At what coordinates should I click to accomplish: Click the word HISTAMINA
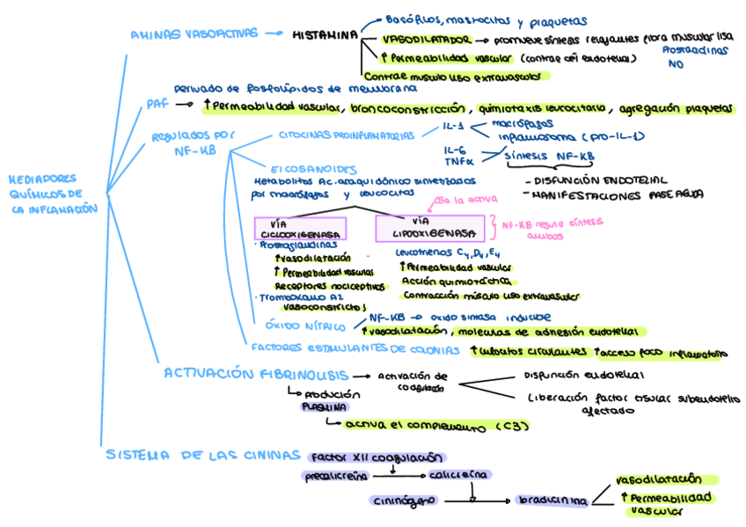[325, 34]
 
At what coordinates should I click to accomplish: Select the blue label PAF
[157, 105]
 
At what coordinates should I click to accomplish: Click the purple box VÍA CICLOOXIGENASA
[300, 229]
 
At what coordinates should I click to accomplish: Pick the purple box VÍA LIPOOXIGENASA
[429, 229]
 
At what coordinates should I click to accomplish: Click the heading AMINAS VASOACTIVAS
[194, 34]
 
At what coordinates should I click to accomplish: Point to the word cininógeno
[403, 500]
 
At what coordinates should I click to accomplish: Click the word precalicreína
[338, 475]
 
